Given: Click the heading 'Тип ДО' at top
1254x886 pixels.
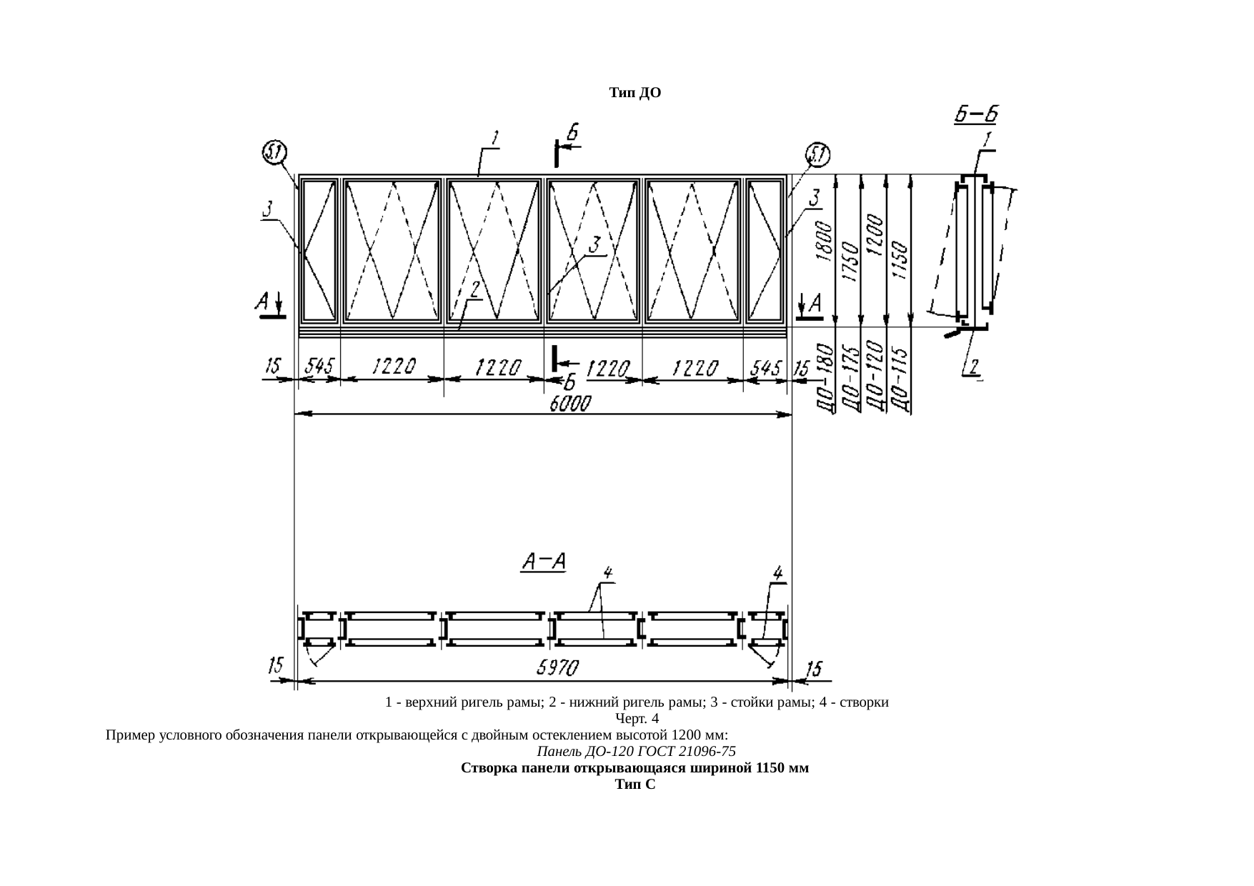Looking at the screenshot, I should coord(635,93).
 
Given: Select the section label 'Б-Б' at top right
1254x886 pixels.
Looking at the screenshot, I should coord(976,114).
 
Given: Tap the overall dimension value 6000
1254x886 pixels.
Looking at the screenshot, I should coord(569,404).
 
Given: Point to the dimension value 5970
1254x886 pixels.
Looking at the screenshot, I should coord(557,669).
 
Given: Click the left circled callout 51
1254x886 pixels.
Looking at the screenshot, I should coord(274,151).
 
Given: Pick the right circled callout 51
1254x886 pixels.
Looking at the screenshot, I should coord(817,154).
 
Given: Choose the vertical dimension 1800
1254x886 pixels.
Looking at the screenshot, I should coord(824,242).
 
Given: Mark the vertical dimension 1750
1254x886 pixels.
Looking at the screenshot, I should coord(849,260).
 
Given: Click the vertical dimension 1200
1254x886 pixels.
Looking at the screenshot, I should coord(874,234).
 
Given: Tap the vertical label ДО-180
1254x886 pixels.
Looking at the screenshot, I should coord(825,379).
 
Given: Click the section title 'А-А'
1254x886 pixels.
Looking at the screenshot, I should coord(543,562).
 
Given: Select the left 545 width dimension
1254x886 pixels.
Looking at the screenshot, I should coord(319,367).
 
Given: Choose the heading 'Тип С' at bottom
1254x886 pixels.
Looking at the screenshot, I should coord(635,785).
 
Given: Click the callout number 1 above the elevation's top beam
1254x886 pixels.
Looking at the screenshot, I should coord(494,136).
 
